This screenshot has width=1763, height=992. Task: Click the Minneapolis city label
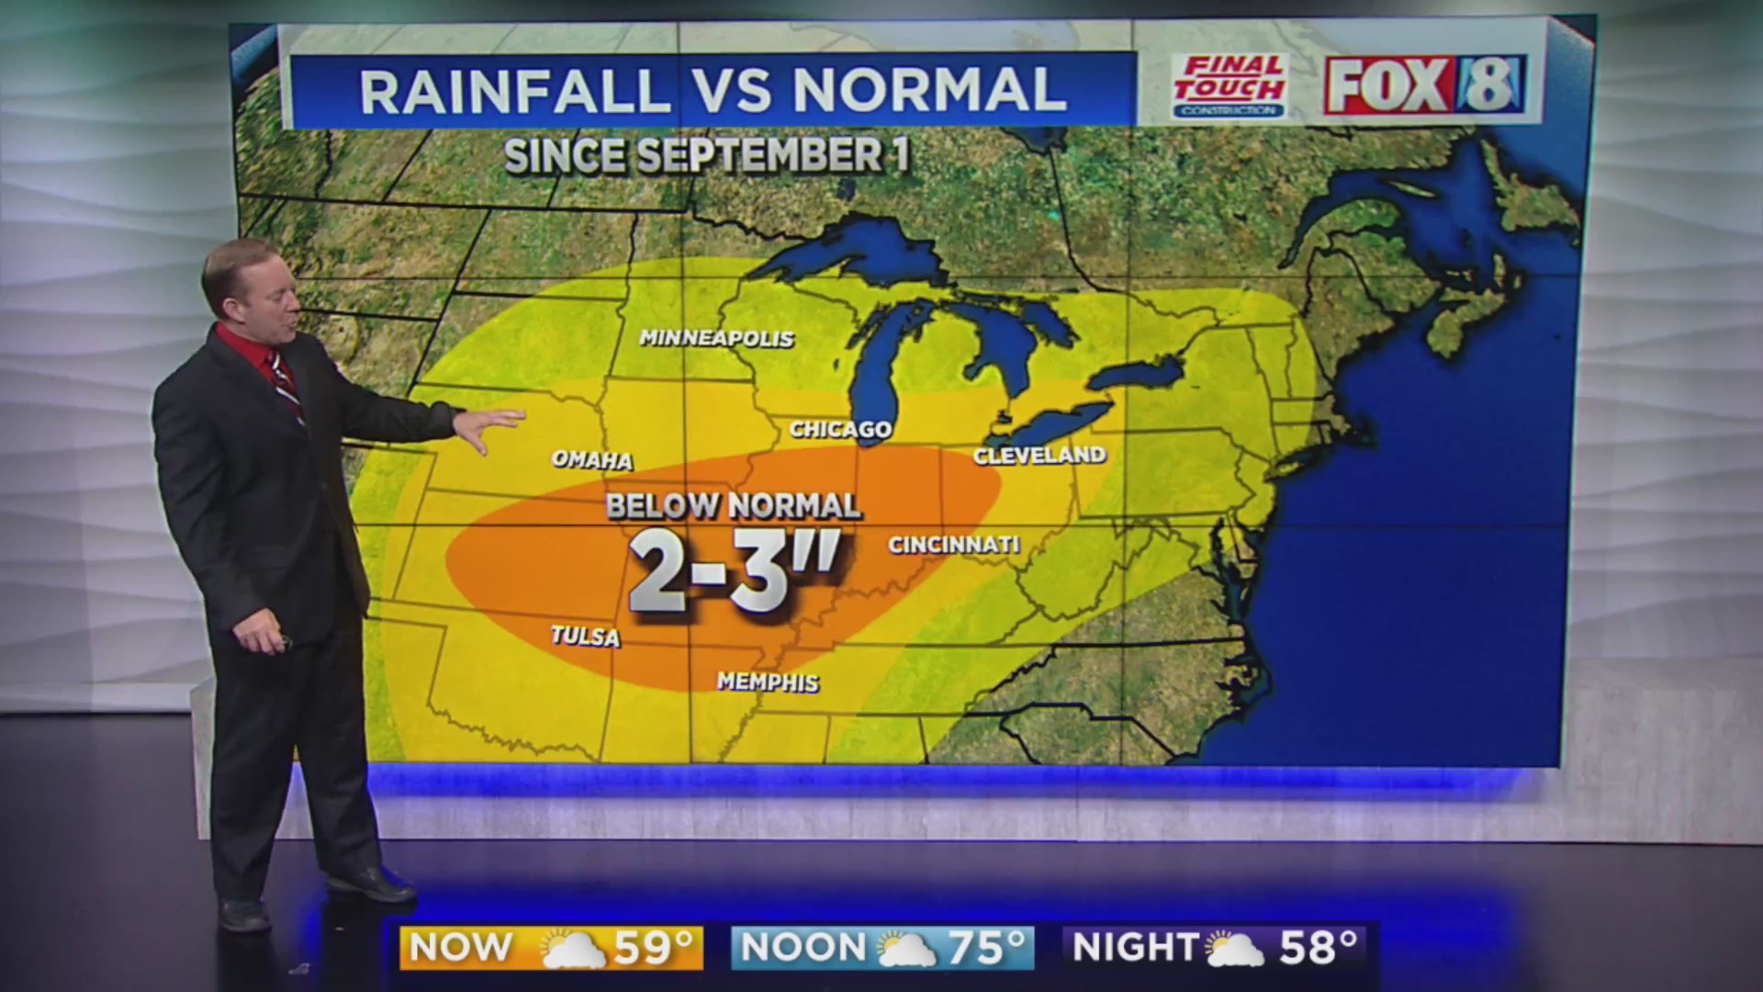point(716,339)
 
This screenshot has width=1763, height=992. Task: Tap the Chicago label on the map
point(840,429)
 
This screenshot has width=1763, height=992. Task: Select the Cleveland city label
point(1039,456)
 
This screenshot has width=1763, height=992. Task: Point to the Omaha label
point(592,460)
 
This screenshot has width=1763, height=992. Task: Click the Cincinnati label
point(954,545)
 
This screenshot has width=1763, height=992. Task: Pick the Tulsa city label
point(586,636)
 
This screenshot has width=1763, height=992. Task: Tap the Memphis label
point(768,682)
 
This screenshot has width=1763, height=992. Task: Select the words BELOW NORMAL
point(733,506)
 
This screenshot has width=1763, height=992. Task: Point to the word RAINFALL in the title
point(514,90)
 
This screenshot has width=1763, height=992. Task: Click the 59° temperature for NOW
point(652,948)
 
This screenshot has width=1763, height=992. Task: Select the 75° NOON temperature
point(985,948)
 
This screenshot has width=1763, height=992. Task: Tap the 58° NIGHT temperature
point(1318,948)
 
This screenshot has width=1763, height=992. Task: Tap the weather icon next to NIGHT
point(1235,949)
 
